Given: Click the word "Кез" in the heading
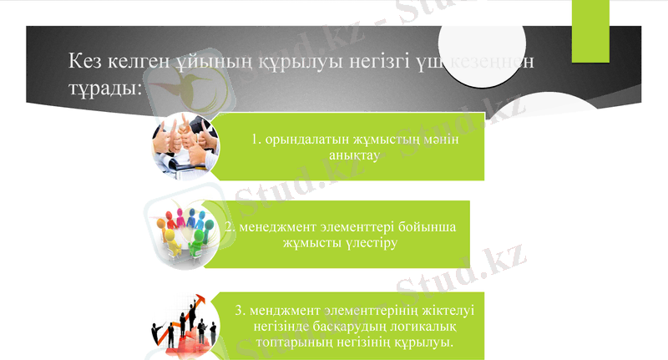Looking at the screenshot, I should click(x=86, y=61).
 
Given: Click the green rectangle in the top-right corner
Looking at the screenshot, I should click(x=590, y=30).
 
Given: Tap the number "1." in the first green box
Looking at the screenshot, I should click(x=257, y=139).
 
